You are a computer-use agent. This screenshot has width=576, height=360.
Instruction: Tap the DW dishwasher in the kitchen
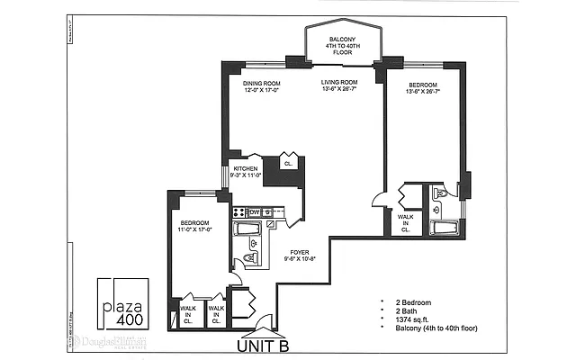255,212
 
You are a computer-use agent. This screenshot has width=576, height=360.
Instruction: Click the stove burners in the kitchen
239,212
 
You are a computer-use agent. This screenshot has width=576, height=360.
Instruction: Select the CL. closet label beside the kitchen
289,164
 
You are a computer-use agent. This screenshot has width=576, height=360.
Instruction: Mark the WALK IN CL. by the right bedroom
406,221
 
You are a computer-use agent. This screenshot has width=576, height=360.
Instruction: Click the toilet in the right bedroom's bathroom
440,193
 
